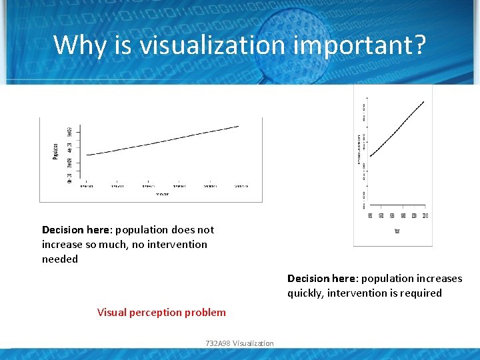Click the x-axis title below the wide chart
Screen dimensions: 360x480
162,194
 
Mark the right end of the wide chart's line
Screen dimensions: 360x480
239,126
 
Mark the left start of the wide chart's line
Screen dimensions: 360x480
87,155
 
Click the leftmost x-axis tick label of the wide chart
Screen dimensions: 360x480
87,187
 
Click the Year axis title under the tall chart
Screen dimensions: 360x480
397,231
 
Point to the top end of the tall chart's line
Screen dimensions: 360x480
424,102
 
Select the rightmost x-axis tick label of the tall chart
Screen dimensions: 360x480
425,215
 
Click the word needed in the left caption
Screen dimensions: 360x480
60,259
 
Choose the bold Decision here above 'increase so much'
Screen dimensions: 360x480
77,229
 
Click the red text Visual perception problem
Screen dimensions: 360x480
161,312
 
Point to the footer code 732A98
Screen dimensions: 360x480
218,343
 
